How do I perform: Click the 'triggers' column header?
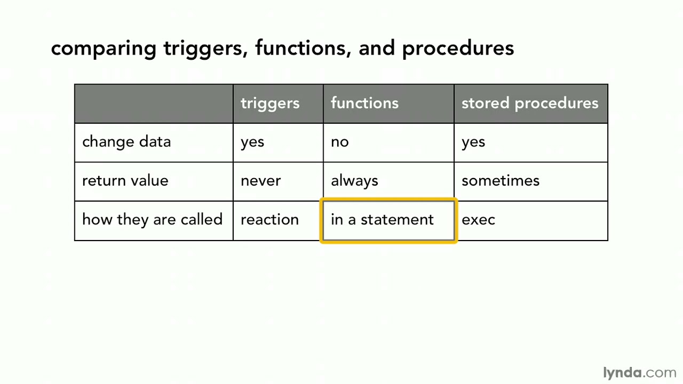[x=270, y=103]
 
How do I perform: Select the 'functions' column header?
[x=364, y=103]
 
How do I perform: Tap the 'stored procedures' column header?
[x=530, y=103]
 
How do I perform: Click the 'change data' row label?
[x=126, y=142]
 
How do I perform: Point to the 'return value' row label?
[x=125, y=181]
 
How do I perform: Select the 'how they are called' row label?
[x=152, y=220]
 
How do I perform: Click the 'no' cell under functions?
[x=340, y=142]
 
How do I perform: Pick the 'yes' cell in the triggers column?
[x=252, y=142]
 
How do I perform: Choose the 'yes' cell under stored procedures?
[x=473, y=142]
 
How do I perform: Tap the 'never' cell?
[x=260, y=181]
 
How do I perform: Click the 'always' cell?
[x=354, y=181]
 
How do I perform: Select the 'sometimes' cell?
[x=501, y=181]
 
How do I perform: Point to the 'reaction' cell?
[x=269, y=220]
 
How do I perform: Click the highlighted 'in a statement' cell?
[x=383, y=220]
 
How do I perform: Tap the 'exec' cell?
[x=478, y=220]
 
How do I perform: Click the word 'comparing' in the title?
[x=104, y=49]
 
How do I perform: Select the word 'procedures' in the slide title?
[x=458, y=49]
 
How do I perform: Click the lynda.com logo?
[x=639, y=372]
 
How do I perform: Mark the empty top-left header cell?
[x=154, y=103]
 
